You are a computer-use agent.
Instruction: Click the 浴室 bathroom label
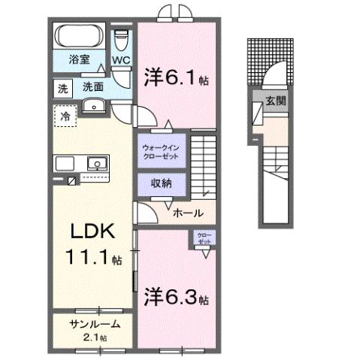79,57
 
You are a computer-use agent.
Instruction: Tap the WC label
120,59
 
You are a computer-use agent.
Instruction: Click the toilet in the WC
121,38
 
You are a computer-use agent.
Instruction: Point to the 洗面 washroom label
93,86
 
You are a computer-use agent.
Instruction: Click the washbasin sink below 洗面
93,105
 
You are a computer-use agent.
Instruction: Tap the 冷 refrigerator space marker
65,116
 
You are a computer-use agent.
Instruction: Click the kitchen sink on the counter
97,165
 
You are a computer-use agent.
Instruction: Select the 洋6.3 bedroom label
175,296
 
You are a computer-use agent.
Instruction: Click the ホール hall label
187,213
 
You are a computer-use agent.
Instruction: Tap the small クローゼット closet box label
204,238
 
